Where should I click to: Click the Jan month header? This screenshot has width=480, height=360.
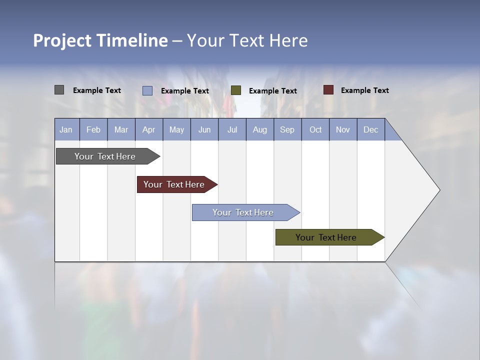tap(66, 130)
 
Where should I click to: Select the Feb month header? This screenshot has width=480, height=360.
tap(93, 130)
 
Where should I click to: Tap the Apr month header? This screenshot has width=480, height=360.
tap(148, 130)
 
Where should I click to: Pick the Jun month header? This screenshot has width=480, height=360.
tap(204, 130)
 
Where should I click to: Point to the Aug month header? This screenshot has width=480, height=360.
tap(259, 130)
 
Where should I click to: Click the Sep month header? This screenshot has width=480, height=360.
tap(287, 130)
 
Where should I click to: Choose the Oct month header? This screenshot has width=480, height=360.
tap(315, 130)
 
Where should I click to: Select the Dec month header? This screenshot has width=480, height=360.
tap(370, 130)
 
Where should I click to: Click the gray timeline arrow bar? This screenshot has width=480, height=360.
tap(105, 156)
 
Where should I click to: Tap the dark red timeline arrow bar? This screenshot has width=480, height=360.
tap(174, 184)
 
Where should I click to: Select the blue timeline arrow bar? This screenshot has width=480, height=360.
tap(243, 212)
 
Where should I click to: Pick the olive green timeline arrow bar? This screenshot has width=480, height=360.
tap(326, 237)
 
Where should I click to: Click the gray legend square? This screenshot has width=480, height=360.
tap(59, 90)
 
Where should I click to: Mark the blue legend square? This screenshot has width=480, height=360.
tap(147, 90)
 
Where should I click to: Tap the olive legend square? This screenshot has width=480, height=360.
tap(236, 90)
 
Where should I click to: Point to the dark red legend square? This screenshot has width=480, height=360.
tap(328, 90)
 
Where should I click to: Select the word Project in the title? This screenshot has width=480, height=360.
tap(62, 40)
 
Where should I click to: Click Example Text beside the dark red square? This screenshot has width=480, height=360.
tap(364, 90)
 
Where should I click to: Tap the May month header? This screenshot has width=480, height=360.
tap(176, 130)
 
